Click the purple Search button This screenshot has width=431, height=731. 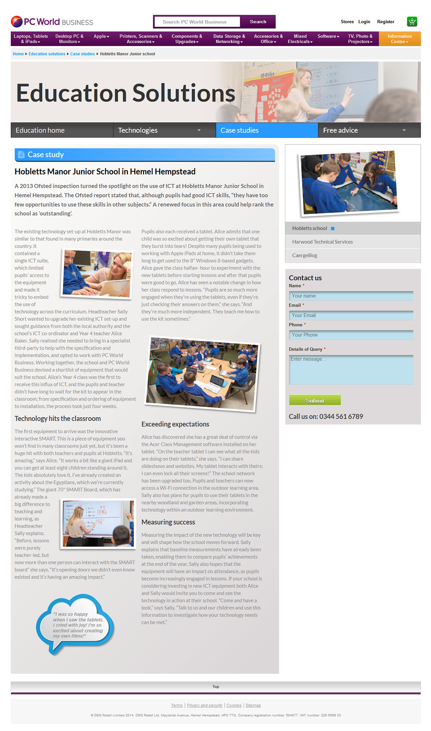(258, 22)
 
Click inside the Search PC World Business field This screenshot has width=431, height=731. (197, 22)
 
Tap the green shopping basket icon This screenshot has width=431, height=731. (412, 22)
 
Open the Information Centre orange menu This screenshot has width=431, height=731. (399, 39)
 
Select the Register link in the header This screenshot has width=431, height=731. (386, 22)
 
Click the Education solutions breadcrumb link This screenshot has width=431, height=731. (47, 54)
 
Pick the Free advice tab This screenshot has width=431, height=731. (369, 130)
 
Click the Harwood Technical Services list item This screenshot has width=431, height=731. (322, 242)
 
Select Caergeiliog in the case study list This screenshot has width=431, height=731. (304, 256)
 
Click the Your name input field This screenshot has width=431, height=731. (351, 296)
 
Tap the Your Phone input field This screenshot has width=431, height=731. (351, 335)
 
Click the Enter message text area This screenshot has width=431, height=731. (351, 370)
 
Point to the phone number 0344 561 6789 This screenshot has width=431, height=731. (341, 416)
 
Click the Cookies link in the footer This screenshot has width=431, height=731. (234, 705)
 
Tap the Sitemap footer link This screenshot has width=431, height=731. (253, 705)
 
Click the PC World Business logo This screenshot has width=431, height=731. (52, 22)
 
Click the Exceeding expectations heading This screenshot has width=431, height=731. (175, 424)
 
